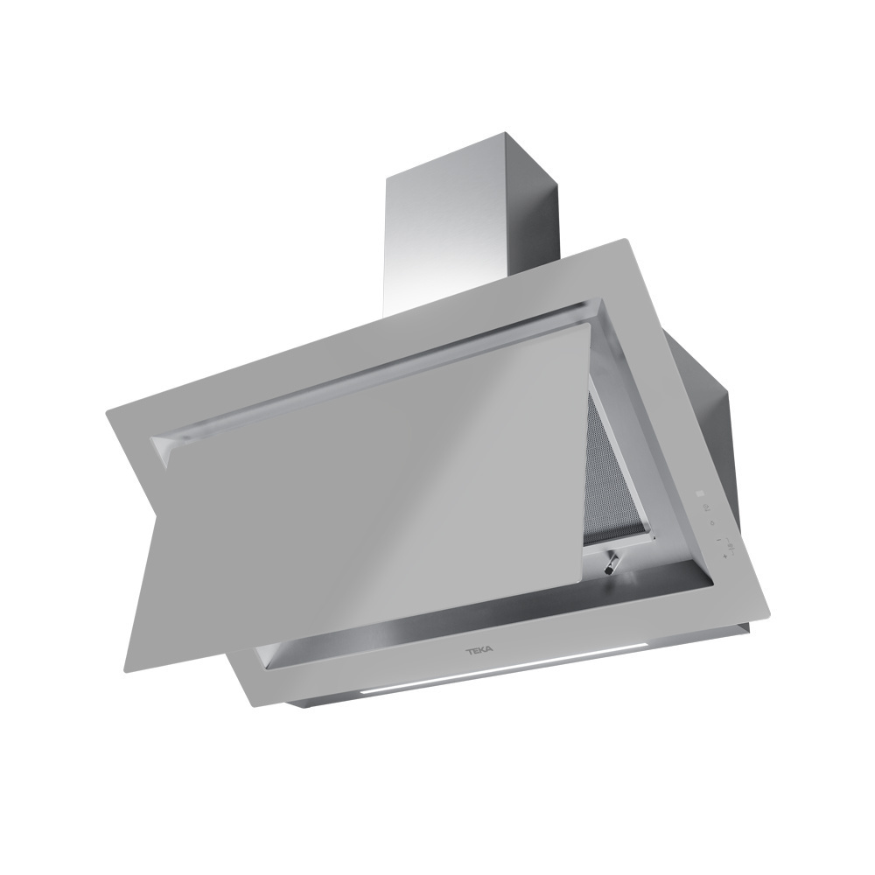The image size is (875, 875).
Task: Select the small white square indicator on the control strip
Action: coord(701,493)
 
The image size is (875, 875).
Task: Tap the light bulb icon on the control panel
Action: coord(711,523)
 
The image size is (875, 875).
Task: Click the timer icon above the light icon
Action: coord(707,507)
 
